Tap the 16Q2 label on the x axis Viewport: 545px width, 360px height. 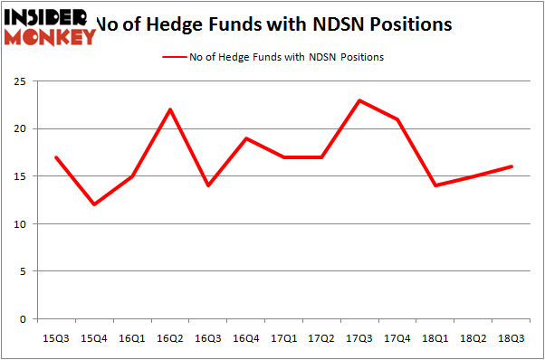[x=170, y=337]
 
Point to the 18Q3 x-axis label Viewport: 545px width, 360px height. [x=512, y=337]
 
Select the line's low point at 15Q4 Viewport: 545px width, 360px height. [x=94, y=204]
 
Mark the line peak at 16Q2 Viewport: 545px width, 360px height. [x=170, y=109]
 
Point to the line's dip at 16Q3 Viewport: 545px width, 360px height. [x=208, y=185]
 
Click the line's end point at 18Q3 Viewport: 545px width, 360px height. [x=512, y=166]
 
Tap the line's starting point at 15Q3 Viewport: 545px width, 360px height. [x=57, y=157]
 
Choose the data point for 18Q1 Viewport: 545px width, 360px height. [x=435, y=185]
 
